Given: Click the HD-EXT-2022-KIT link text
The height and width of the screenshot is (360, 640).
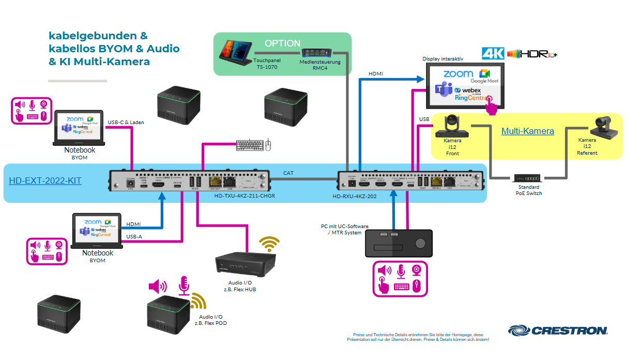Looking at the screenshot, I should click(x=45, y=181).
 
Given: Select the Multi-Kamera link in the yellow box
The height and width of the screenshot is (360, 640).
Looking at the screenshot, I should click(x=527, y=131).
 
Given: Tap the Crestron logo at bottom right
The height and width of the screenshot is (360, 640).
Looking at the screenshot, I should click(x=558, y=330).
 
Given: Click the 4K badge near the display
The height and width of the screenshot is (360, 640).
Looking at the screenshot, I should click(x=493, y=53).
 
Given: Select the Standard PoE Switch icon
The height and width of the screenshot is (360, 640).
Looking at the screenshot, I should click(x=527, y=177).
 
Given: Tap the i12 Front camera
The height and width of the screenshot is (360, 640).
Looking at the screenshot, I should click(x=452, y=126).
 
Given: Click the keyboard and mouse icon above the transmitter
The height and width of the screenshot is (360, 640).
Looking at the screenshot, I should click(x=253, y=145).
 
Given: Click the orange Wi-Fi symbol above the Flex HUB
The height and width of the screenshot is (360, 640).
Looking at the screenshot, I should click(x=269, y=244).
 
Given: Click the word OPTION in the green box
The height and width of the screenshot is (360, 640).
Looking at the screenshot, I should click(x=282, y=43).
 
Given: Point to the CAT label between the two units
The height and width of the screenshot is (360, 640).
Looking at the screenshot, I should click(x=289, y=173).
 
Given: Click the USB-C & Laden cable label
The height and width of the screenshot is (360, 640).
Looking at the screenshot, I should click(x=126, y=123).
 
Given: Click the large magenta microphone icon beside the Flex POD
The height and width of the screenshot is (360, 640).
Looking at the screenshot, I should click(x=184, y=286).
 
